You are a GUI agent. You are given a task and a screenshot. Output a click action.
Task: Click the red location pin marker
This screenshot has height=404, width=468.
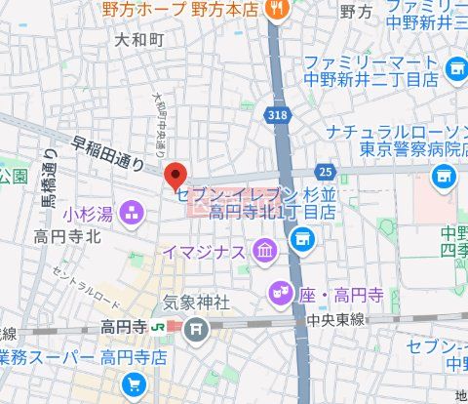click(x=175, y=176)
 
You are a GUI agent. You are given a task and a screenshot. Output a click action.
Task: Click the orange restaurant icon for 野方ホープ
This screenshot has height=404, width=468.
click(x=277, y=10)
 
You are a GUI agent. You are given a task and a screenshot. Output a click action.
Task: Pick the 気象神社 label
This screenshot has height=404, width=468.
click(x=195, y=303)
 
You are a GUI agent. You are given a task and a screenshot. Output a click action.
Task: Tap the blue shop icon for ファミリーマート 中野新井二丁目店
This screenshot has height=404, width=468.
click(x=455, y=68)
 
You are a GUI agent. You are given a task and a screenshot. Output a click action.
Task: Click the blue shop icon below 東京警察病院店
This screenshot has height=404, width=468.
click(x=445, y=177)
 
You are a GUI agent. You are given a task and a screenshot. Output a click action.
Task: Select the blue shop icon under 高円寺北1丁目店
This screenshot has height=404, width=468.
click(x=303, y=236)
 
